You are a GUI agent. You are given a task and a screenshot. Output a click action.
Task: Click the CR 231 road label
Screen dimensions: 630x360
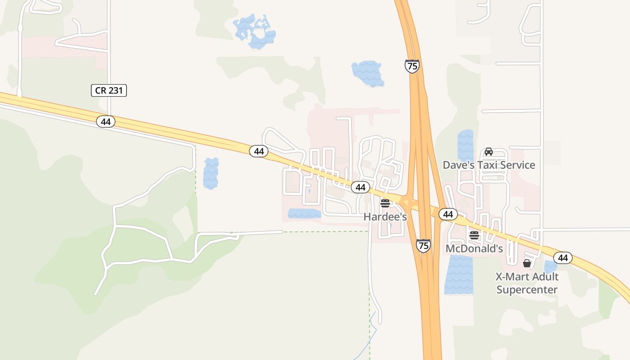point(109,90)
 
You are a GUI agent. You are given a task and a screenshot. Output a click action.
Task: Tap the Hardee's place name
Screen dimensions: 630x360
point(385,216)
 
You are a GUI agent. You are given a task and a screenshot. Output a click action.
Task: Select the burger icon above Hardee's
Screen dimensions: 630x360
point(385,203)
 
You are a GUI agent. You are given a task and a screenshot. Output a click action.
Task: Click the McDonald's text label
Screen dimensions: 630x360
point(474,248)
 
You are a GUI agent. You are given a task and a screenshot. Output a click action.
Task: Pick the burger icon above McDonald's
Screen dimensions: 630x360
point(474,235)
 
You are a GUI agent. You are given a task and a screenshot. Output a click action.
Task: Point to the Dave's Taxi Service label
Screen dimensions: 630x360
point(489,165)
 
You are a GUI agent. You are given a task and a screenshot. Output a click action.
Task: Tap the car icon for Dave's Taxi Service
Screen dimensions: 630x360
point(489,152)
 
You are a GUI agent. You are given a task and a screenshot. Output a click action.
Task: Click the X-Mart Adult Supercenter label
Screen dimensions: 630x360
point(527,283)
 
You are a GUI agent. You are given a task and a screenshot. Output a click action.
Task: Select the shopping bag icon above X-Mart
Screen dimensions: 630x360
point(527,263)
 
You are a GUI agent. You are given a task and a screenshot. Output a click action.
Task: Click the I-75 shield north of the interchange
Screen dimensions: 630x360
point(412,66)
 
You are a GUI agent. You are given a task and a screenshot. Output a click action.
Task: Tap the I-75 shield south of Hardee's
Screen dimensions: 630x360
point(423,245)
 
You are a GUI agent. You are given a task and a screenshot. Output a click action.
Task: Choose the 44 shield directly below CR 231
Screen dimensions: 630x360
point(106,121)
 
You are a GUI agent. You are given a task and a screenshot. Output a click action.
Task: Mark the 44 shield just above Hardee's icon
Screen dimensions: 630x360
point(360,187)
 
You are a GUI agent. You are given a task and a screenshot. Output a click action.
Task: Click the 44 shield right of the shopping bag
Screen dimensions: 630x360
point(562,258)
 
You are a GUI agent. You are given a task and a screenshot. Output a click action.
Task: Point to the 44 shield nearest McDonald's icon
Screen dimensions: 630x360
point(448,214)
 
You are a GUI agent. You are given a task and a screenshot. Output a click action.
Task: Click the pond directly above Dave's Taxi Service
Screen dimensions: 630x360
point(465,144)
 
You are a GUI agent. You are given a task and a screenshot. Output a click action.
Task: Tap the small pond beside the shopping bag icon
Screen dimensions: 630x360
point(550,266)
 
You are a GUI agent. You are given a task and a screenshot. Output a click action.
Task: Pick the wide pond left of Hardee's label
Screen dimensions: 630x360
point(304,213)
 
